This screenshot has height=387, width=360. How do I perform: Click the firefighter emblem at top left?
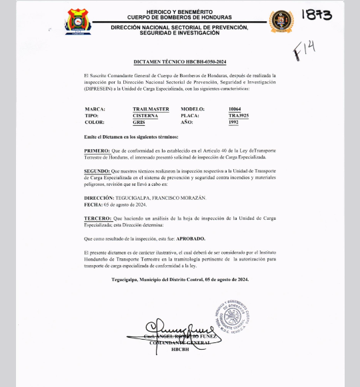[x=78, y=21]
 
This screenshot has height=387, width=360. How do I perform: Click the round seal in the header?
[x=281, y=21]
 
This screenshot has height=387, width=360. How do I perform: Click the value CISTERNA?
[x=145, y=115]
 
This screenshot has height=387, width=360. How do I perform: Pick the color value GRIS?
[x=139, y=123]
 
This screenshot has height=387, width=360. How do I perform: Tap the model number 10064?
[x=236, y=109]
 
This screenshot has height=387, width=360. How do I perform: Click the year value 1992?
[x=233, y=123]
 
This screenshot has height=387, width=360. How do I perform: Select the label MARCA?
[x=95, y=109]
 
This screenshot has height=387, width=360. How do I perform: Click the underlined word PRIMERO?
[x=98, y=152]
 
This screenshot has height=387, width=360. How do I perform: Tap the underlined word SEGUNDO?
[x=98, y=171]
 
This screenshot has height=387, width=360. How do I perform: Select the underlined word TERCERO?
[x=98, y=218]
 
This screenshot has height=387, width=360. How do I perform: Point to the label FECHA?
[x=93, y=206]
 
